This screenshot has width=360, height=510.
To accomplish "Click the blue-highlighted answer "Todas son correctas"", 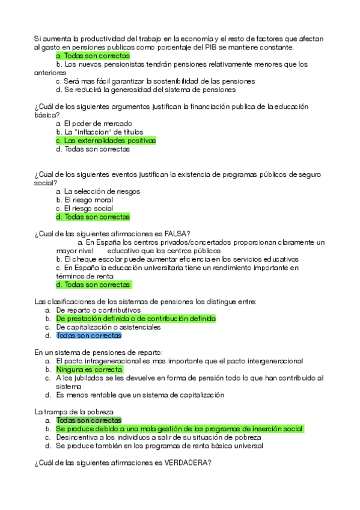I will (x=88, y=336).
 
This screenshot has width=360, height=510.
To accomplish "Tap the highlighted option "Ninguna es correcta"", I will (x=89, y=369).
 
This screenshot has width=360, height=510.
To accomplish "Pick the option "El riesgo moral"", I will (x=88, y=200).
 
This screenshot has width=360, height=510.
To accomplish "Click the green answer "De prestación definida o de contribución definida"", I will (x=135, y=319).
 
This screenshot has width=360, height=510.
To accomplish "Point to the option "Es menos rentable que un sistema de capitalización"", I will (x=139, y=395).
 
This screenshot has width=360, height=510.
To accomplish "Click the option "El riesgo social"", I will (x=88, y=208).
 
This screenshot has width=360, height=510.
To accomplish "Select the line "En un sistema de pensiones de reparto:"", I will (x=99, y=352).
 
